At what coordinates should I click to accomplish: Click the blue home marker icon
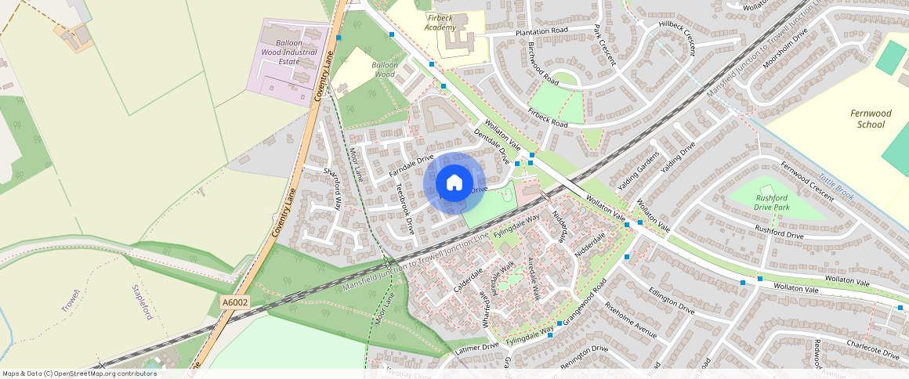pos(454,182)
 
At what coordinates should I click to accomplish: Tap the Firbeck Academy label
pos(440,22)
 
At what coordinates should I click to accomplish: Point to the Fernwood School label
pos(871,119)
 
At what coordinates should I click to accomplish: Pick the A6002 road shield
pos(234,302)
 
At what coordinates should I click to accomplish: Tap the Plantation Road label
pos(541,31)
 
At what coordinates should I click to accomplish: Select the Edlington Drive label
pos(671,299)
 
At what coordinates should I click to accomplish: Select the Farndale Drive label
pos(411,165)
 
